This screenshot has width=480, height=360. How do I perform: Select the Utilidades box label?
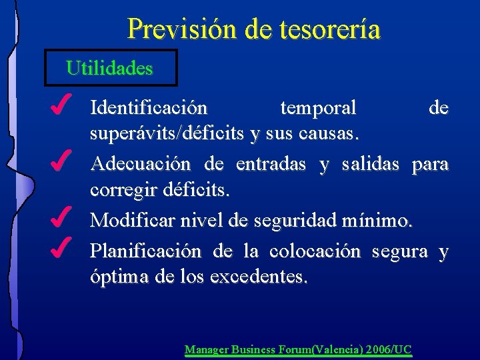point(110,67)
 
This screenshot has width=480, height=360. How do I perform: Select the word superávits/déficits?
point(167,135)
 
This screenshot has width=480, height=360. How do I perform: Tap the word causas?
point(327,135)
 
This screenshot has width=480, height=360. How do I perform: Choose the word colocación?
point(315,251)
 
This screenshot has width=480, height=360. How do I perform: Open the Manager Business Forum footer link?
point(298,349)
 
